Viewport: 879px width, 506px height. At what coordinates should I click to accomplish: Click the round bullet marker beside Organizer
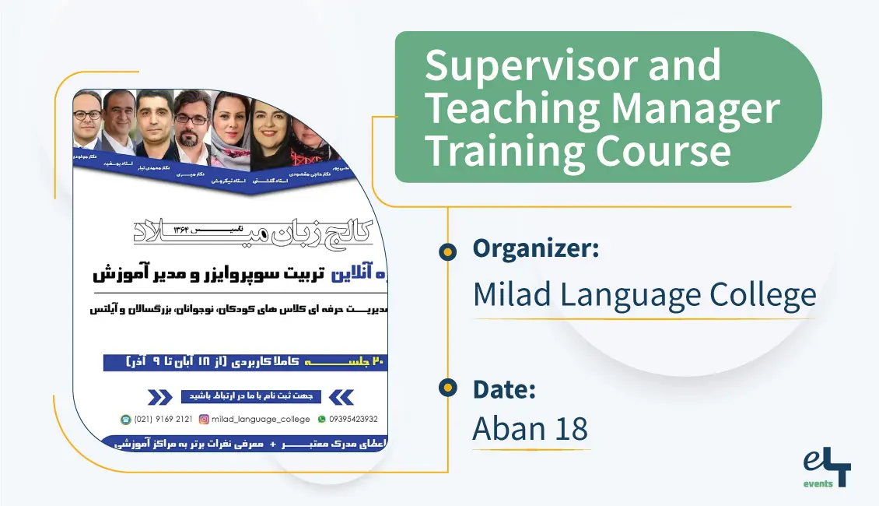pyautogui.click(x=447, y=251)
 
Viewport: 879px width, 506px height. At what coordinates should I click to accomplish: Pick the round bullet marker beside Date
pyautogui.click(x=447, y=387)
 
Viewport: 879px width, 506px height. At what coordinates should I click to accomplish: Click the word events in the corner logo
pyautogui.click(x=818, y=483)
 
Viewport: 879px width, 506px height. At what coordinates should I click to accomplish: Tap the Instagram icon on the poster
pyautogui.click(x=205, y=419)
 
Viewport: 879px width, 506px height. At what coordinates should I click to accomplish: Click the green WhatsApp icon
pyautogui.click(x=321, y=419)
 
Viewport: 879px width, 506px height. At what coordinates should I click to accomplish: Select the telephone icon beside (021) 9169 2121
pyautogui.click(x=125, y=419)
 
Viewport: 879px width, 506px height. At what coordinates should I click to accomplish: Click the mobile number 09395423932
pyautogui.click(x=354, y=419)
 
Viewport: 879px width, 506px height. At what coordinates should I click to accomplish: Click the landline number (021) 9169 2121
pyautogui.click(x=163, y=419)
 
